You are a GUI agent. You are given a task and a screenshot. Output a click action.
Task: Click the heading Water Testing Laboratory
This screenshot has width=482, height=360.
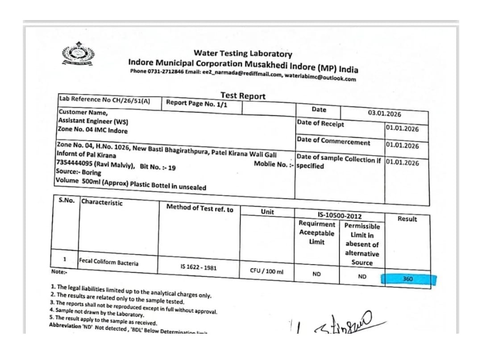click(243, 54)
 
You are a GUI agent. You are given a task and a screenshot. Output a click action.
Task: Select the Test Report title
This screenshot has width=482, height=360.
click(243, 95)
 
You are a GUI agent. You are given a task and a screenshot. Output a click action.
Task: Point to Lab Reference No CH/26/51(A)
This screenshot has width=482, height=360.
click(104, 100)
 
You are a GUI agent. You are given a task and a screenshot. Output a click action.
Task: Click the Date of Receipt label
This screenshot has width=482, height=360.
click(320, 124)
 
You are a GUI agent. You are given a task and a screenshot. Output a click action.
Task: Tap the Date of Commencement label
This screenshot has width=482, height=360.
click(333, 141)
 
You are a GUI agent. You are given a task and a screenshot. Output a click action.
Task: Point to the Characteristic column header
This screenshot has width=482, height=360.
click(101, 202)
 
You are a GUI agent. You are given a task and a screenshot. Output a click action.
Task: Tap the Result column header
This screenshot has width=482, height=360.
click(407, 219)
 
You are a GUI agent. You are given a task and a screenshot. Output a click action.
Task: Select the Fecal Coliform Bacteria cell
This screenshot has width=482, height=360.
click(108, 262)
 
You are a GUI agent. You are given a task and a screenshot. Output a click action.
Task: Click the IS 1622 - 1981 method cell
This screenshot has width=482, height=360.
click(199, 267)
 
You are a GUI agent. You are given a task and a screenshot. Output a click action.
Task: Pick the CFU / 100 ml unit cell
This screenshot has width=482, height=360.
click(267, 271)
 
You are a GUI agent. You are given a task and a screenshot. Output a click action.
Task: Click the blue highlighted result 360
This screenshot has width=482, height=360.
click(407, 279)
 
